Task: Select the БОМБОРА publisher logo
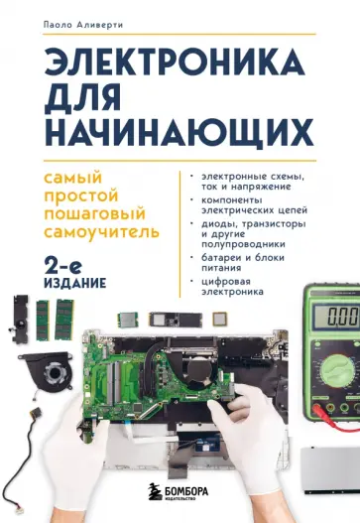coord(180,492)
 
